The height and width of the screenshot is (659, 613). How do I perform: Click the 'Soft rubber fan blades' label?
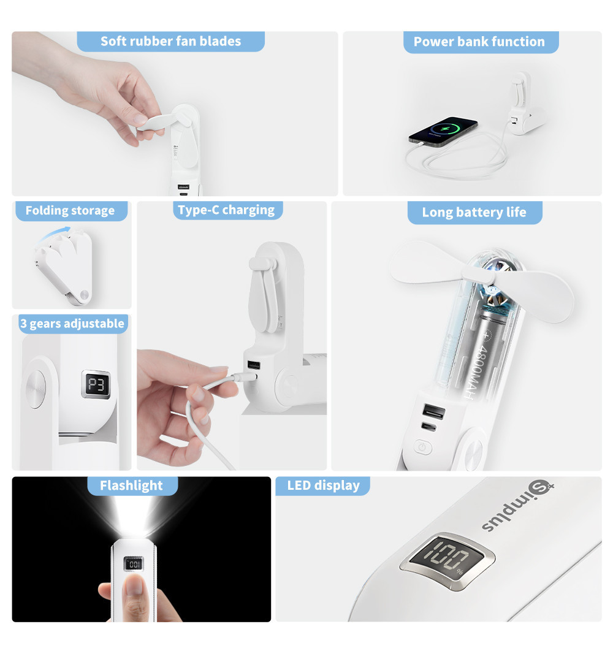tap(170, 42)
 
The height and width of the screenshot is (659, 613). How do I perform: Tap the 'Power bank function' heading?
tap(479, 42)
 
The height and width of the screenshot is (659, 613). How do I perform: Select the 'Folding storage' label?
tap(70, 211)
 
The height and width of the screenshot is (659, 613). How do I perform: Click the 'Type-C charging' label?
tap(226, 210)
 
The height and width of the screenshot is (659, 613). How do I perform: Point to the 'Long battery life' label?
tap(474, 213)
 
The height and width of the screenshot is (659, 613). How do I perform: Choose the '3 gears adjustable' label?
tap(72, 324)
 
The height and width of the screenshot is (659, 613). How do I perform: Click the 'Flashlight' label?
tap(131, 486)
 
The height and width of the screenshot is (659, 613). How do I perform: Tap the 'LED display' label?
tap(323, 486)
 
